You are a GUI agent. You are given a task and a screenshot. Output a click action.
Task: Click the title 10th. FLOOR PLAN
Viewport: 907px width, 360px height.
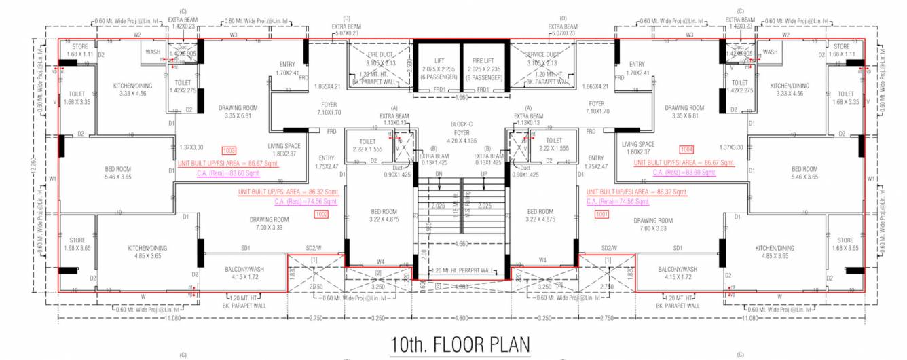click(x=460, y=344)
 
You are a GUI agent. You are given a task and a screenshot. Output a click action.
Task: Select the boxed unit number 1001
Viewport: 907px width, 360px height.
click(x=601, y=214)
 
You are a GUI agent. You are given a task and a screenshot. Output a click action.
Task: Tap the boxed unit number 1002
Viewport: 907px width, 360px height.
click(x=321, y=214)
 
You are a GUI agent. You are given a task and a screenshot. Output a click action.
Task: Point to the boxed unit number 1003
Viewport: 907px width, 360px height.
click(x=229, y=149)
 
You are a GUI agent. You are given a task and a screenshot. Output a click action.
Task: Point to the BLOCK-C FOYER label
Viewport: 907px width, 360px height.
click(x=461, y=124)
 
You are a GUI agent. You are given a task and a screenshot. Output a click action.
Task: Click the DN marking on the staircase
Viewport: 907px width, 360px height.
click(x=439, y=174)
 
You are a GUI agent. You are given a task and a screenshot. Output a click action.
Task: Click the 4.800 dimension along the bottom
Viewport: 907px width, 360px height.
click(x=461, y=318)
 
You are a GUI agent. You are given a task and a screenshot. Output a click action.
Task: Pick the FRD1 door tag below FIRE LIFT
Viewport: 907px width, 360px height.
click(x=483, y=90)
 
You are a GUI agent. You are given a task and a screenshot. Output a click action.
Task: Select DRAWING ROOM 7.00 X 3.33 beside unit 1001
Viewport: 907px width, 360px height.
click(x=652, y=225)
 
